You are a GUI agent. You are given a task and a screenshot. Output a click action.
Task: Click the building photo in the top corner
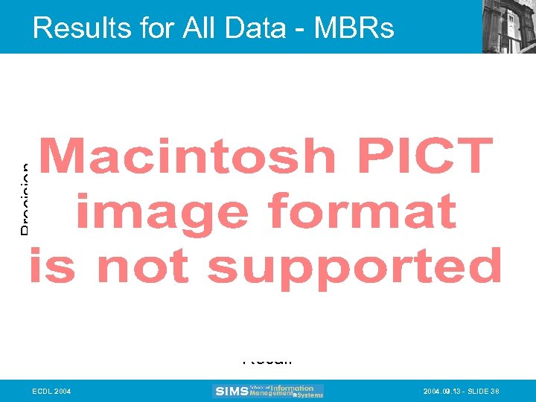click(509, 26)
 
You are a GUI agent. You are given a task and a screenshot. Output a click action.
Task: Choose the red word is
click(52, 267)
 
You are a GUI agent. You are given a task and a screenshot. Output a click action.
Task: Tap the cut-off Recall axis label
click(267, 361)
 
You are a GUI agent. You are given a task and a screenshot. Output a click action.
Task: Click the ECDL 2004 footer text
click(51, 391)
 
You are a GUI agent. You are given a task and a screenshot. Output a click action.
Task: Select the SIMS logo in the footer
click(230, 391)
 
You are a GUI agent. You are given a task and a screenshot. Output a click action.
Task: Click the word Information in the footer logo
click(292, 387)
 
